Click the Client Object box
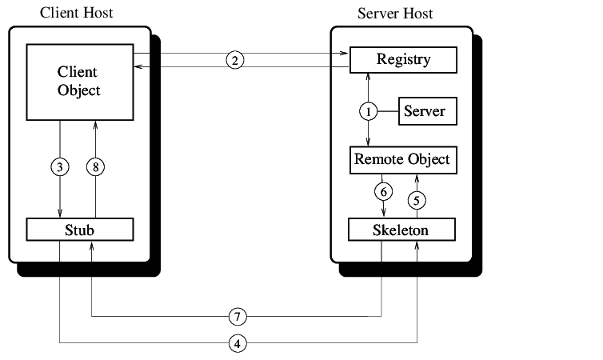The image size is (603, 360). coord(79,82)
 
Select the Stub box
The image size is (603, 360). coord(79,230)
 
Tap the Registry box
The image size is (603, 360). coord(404,60)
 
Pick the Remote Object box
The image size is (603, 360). coord(403,159)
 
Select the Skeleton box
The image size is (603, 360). coord(401,230)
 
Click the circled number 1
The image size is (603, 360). coord(369,111)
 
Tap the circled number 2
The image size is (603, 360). coord(234,61)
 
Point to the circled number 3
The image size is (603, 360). coord(60,166)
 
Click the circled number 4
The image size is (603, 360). coord(237,344)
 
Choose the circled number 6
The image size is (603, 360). coord(384,192)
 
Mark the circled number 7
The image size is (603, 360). coord(237,317)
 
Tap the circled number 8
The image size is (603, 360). coord(95,166)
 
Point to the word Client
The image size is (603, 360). coord(78,73)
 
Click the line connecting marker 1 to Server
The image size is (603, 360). coord(388,111)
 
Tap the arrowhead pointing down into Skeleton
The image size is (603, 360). coord(384,213)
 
